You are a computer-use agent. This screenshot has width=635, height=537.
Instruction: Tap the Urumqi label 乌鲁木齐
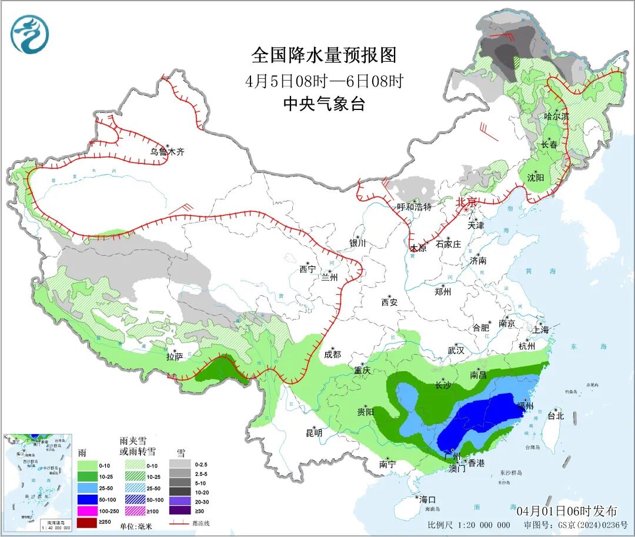pyautogui.click(x=167, y=152)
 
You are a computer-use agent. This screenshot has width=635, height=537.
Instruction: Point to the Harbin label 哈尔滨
pyautogui.click(x=556, y=116)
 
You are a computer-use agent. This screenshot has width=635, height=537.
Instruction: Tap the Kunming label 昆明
pyautogui.click(x=314, y=433)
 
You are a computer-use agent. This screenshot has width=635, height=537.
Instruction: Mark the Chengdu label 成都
pyautogui.click(x=332, y=355)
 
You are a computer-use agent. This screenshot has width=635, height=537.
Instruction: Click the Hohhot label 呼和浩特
pyautogui.click(x=414, y=207)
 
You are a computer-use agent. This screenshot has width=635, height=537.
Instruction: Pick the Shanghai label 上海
pyautogui.click(x=540, y=330)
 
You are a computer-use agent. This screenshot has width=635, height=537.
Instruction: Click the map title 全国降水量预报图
pyautogui.click(x=324, y=55)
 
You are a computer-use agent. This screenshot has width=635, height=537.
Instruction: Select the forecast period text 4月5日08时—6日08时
pyautogui.click(x=324, y=81)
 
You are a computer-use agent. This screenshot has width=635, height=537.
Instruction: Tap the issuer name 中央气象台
pyautogui.click(x=324, y=105)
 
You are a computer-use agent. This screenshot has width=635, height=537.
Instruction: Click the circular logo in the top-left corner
pyautogui.click(x=29, y=34)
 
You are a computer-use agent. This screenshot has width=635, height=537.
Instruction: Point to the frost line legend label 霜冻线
pyautogui.click(x=200, y=523)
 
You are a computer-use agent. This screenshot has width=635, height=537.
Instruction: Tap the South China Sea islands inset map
pyautogui.click(x=38, y=482)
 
